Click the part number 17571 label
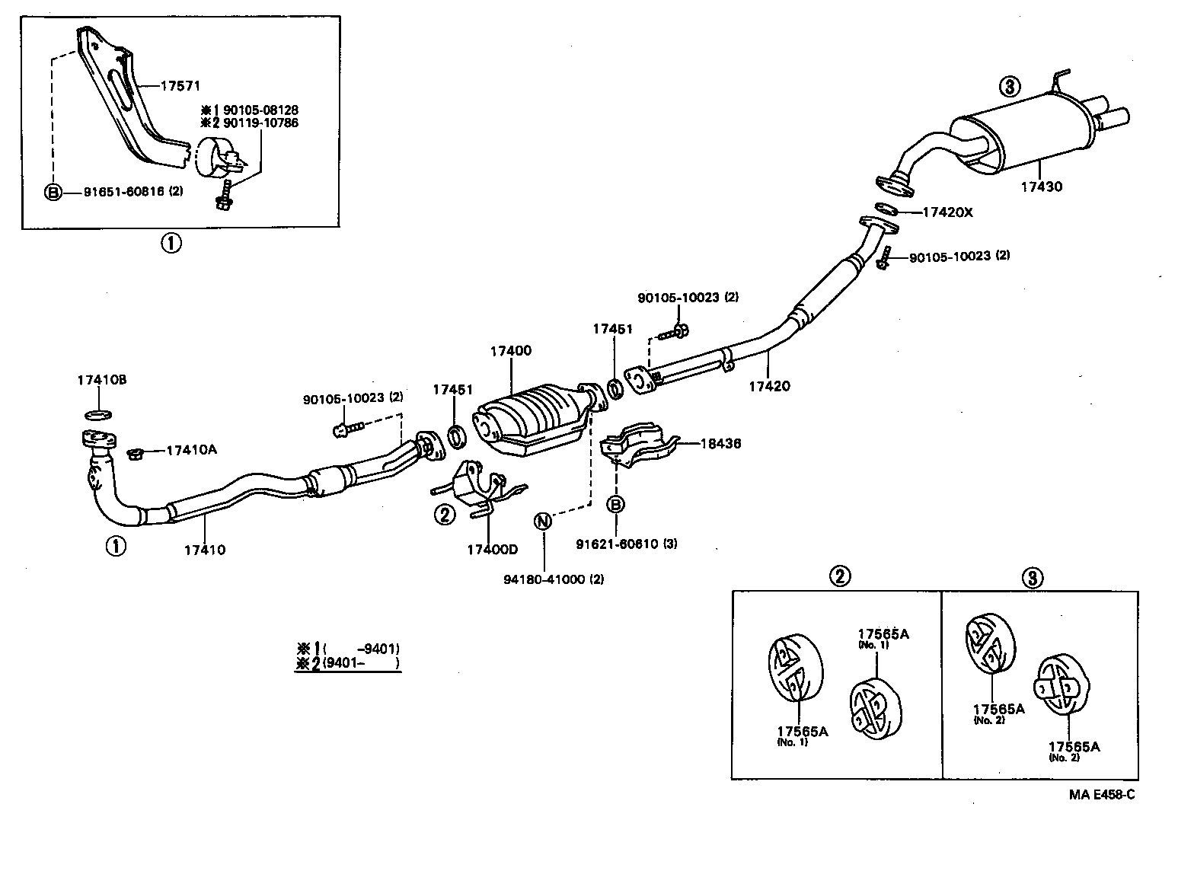(180, 86)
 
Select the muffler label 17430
(1041, 187)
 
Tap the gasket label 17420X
(947, 212)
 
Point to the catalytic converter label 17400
(510, 351)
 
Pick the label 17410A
(191, 450)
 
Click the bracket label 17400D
(492, 549)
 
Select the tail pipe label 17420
(769, 386)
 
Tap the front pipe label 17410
(204, 549)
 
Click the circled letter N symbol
(542, 522)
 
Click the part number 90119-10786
(260, 123)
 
